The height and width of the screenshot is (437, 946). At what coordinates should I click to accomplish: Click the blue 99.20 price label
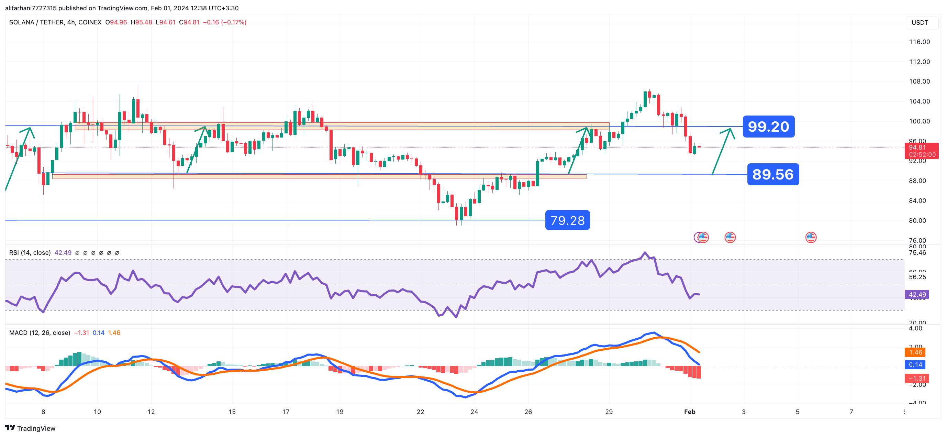768,127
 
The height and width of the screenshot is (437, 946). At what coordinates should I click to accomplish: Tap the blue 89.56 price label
773,174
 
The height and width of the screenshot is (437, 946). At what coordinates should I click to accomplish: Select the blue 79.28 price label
567,220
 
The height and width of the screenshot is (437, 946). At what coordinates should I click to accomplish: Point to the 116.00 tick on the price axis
919,42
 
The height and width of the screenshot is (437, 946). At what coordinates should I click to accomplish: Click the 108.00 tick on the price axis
919,81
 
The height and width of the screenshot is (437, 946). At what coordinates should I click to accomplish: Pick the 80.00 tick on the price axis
919,220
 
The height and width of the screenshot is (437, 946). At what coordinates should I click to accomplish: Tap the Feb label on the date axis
689,412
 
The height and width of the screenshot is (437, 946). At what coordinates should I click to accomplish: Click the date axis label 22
420,412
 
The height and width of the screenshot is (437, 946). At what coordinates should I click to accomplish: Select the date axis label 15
232,412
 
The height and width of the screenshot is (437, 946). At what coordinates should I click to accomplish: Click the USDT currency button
920,23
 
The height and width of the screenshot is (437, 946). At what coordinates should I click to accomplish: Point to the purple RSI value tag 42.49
917,294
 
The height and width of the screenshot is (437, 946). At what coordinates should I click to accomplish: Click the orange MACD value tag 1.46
915,352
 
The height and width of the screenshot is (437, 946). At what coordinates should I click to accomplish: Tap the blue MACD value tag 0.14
915,364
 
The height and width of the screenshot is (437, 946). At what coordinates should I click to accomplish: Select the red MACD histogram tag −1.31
917,378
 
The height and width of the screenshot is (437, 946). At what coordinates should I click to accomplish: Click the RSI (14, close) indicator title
30,252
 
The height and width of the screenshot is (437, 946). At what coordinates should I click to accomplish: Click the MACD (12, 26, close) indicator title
40,332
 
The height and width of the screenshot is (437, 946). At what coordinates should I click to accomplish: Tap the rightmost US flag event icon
811,238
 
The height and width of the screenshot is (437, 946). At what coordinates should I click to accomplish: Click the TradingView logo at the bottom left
30,428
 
